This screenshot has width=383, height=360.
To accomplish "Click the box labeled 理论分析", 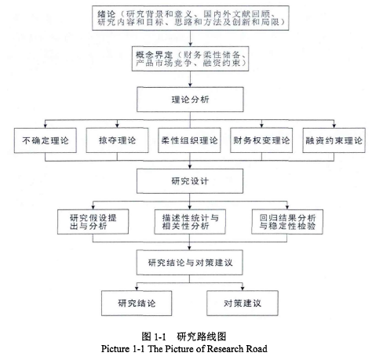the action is click(x=190, y=100).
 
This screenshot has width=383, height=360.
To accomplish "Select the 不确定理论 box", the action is click(x=46, y=140).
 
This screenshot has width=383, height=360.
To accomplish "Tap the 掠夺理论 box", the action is click(x=117, y=140).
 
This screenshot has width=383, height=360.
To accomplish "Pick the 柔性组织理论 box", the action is click(x=189, y=140).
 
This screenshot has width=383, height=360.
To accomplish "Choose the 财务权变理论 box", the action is click(x=261, y=140).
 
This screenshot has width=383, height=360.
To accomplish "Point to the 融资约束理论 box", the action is click(x=334, y=140).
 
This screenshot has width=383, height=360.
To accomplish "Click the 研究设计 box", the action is click(x=190, y=181).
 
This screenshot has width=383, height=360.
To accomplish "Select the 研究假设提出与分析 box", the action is click(x=93, y=222).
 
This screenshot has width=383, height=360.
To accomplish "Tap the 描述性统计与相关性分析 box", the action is click(x=190, y=222).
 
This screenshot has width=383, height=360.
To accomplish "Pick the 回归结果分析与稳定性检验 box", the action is click(x=287, y=222).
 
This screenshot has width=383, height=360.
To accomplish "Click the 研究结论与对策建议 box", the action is click(x=190, y=263).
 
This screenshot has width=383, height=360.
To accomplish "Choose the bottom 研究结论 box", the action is click(x=137, y=304).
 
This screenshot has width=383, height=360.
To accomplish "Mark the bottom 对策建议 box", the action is click(x=243, y=304).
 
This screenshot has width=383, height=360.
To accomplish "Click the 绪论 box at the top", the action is click(x=191, y=18).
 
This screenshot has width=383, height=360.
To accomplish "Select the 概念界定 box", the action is click(x=190, y=59).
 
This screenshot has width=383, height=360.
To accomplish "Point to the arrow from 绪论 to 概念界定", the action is click(x=191, y=38).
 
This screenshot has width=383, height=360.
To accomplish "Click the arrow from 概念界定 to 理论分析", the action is click(x=190, y=79).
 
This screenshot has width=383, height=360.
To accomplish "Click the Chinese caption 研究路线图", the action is click(x=202, y=336).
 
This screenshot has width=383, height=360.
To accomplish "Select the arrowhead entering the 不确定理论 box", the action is click(x=46, y=126).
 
